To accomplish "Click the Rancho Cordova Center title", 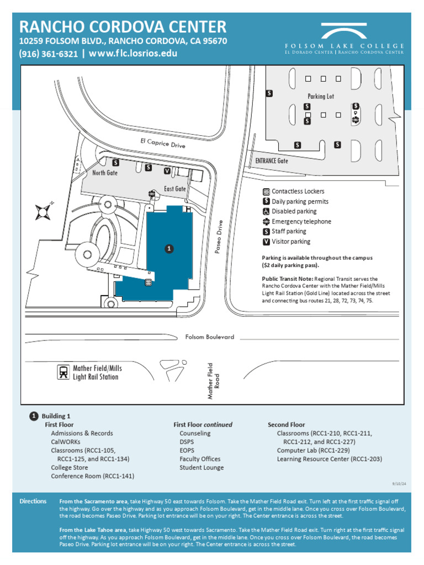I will [x=123, y=26].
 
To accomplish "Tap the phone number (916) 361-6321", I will [x=48, y=54].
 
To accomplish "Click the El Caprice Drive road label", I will [x=162, y=143].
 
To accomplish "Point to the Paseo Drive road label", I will [x=219, y=237].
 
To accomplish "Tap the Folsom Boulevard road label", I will [x=209, y=337].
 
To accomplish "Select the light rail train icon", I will [x=64, y=372].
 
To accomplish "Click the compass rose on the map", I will [x=43, y=211].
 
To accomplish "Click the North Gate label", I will [x=105, y=173].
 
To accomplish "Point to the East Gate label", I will [x=175, y=189].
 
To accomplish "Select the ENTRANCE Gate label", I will [x=271, y=161].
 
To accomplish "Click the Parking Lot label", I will [x=321, y=96].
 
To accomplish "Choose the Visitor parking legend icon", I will [x=266, y=242].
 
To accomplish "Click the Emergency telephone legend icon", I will [x=266, y=222].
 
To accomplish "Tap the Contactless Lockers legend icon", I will [x=266, y=191].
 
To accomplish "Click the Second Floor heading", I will [x=286, y=425].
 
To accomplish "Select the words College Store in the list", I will [x=70, y=467].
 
